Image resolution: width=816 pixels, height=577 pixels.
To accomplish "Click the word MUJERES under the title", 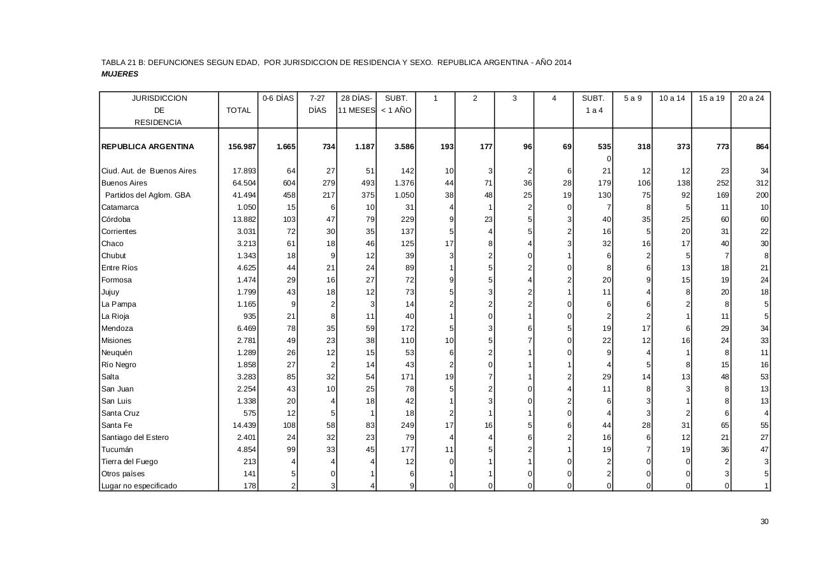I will point(120,74).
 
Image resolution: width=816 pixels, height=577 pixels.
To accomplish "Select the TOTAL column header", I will point(238,110).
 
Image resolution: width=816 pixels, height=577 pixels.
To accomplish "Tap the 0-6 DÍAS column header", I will point(278,98).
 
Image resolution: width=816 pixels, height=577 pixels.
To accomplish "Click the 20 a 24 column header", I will point(750,98).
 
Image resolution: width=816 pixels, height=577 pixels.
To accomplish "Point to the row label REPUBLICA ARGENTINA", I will point(147,147).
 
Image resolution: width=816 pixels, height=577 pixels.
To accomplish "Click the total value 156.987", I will point(242,147).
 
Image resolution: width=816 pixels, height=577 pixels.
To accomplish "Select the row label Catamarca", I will point(120,207).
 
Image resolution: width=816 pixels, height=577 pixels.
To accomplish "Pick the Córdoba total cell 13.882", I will point(245,219).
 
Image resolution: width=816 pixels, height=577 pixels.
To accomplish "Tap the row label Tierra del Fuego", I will point(129,462).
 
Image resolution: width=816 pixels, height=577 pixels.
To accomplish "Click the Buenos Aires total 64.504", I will point(245,183).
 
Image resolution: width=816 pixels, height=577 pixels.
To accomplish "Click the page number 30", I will point(764,522).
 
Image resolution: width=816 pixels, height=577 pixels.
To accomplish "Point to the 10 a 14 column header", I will point(672,98).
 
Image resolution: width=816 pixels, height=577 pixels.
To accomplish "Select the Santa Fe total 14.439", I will point(245,425).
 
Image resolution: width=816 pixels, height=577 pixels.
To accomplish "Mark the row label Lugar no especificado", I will point(139,486).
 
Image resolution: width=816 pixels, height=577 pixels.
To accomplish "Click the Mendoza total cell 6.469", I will point(247,328).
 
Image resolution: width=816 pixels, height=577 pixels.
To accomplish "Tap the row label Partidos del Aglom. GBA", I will point(148,195).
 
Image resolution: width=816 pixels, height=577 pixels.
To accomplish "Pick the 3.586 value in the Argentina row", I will point(404,147).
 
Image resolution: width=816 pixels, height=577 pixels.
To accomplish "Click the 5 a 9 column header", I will point(632,98).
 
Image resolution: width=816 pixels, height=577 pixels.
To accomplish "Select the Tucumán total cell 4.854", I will point(247,449).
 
